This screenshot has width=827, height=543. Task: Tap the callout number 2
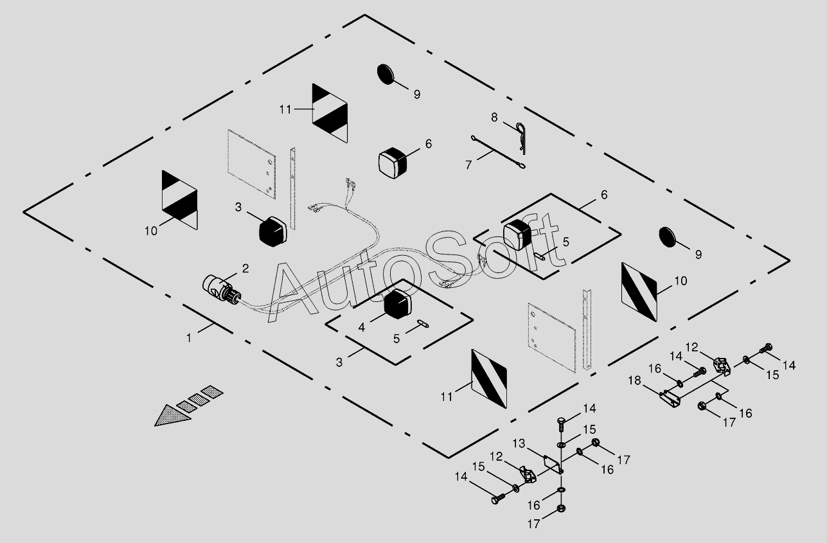(245, 267)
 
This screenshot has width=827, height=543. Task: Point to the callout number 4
(362, 327)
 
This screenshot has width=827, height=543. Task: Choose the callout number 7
(468, 165)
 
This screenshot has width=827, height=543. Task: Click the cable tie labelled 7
(499, 152)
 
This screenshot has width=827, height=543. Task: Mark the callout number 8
(494, 118)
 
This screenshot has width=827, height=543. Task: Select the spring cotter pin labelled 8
(522, 137)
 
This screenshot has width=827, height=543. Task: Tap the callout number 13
(520, 443)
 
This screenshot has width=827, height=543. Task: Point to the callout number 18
(634, 380)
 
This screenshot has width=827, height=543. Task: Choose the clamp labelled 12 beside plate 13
(528, 476)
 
